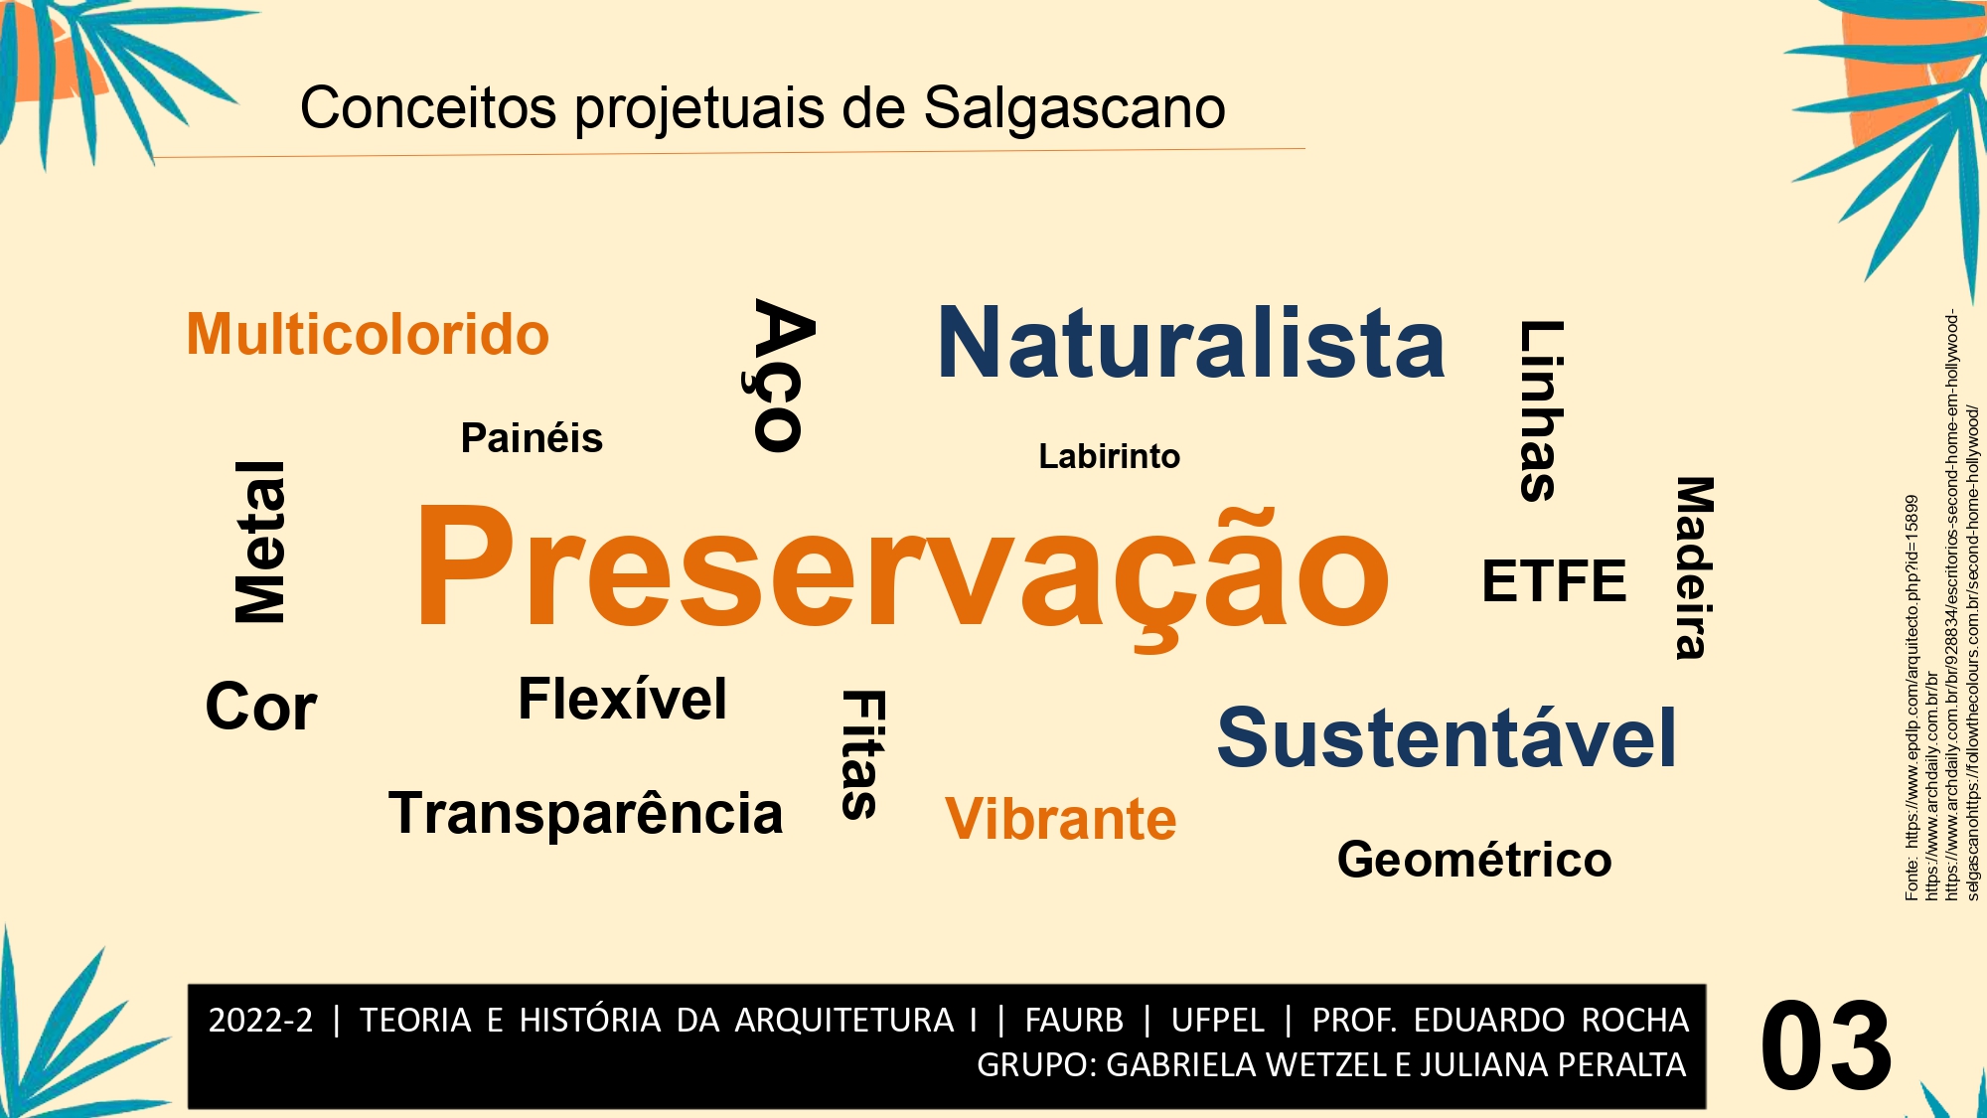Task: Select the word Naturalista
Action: tap(1191, 343)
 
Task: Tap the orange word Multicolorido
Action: tap(368, 334)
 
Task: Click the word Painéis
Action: tap(532, 438)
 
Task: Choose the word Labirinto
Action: tap(1109, 456)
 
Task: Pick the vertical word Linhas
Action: tap(1540, 410)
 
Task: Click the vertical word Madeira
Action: tap(1694, 567)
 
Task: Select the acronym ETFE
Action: tap(1554, 581)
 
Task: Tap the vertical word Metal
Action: tap(260, 542)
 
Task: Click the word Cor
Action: tap(261, 707)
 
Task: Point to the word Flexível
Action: tap(623, 699)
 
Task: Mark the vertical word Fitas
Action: tap(862, 754)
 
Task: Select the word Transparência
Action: tap(586, 813)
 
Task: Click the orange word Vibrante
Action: tap(1061, 819)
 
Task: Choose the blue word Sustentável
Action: tap(1447, 738)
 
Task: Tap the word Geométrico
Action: tap(1474, 860)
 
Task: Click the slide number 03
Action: tap(1826, 1045)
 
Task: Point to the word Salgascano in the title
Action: tap(1075, 107)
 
